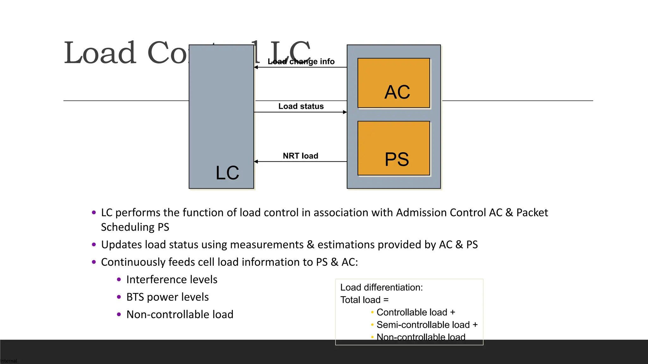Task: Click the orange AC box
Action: (x=394, y=83)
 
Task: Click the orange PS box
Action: (x=394, y=148)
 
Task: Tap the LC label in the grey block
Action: (x=227, y=173)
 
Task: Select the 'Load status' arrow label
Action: (x=301, y=106)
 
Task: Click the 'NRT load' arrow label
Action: (x=300, y=156)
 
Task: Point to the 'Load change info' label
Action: (x=301, y=62)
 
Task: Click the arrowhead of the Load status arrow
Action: (x=345, y=112)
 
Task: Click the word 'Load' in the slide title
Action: (x=100, y=53)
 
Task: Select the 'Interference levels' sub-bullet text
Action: (x=171, y=280)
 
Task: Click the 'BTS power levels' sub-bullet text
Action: (x=167, y=297)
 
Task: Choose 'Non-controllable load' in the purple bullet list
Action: (x=180, y=315)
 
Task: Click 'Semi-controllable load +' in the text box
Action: (x=427, y=325)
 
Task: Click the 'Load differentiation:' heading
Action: (x=381, y=288)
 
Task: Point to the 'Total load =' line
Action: (x=364, y=300)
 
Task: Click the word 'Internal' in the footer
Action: (x=9, y=361)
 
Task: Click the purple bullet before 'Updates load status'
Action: (x=94, y=245)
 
